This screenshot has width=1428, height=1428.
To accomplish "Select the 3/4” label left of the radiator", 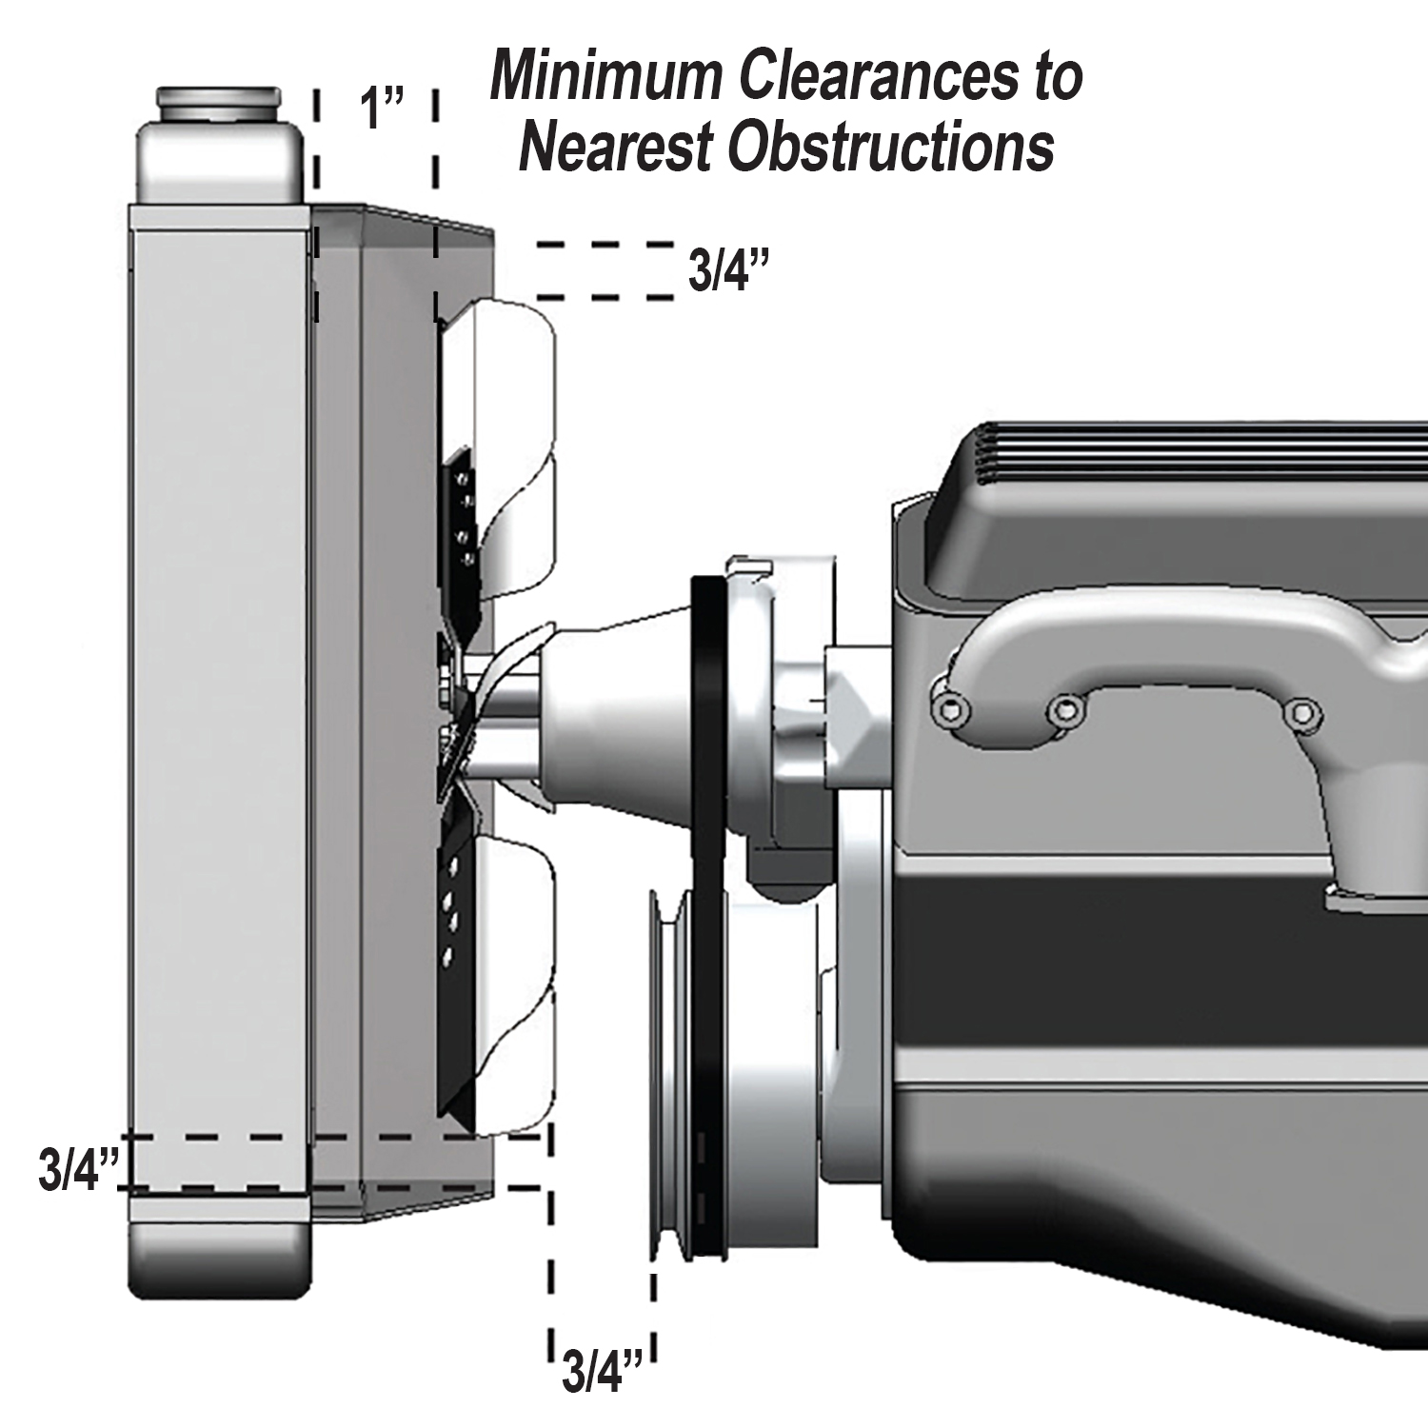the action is tap(79, 1170).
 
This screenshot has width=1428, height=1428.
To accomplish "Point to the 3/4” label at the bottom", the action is tap(604, 1371).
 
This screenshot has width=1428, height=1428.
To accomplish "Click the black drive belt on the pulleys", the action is tap(709, 914).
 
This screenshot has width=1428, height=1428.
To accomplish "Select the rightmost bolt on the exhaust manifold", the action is tap(1298, 711).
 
